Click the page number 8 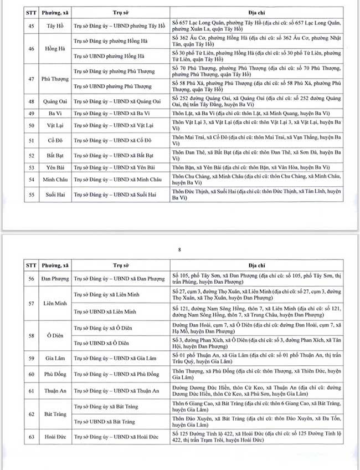tap(179, 250)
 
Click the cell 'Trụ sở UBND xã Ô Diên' tap(101, 343)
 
